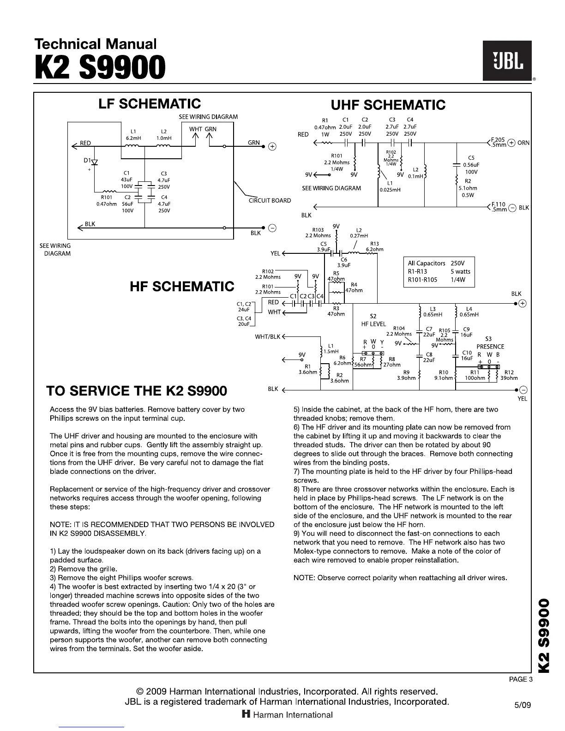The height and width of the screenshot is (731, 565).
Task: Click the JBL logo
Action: (x=507, y=61)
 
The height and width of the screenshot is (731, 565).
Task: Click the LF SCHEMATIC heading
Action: (x=150, y=104)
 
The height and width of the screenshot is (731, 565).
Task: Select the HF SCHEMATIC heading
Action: (x=182, y=287)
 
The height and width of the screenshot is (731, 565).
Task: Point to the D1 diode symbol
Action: (x=95, y=162)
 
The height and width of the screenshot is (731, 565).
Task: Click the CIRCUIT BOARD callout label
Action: (x=270, y=200)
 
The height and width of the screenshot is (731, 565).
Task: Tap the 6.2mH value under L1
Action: (x=133, y=138)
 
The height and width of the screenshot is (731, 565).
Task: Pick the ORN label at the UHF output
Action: (x=523, y=143)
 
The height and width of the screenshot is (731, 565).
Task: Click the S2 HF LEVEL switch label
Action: (x=373, y=320)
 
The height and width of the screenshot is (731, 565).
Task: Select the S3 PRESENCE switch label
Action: (x=490, y=343)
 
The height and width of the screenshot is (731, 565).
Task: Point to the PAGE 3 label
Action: (x=521, y=679)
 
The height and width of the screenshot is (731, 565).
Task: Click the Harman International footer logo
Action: (x=287, y=715)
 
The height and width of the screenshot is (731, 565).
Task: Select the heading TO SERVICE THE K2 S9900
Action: (x=137, y=391)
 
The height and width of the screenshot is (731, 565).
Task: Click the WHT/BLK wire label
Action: (x=268, y=336)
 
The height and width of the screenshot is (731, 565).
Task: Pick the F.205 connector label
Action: (x=499, y=140)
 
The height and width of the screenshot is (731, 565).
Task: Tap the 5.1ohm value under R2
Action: (x=468, y=188)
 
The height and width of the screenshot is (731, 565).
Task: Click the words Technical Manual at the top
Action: (x=96, y=44)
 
